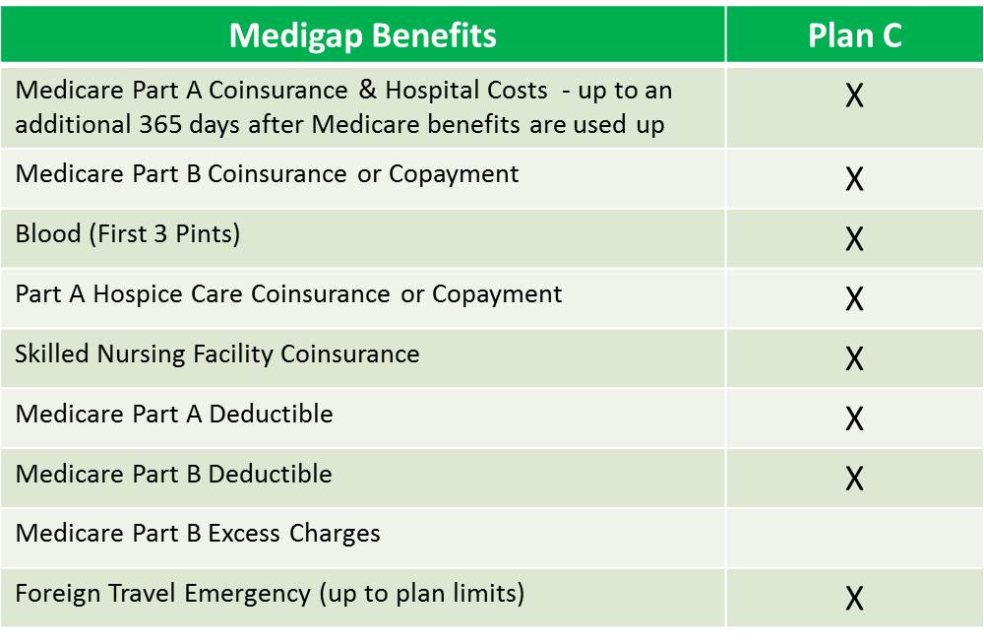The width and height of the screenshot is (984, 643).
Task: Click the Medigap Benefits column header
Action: click(x=363, y=35)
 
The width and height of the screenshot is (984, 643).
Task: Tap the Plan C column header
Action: click(x=855, y=35)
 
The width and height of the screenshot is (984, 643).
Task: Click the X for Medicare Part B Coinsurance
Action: click(x=854, y=179)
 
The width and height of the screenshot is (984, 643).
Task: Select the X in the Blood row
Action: click(x=854, y=238)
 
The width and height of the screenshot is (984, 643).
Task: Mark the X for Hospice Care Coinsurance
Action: click(x=854, y=298)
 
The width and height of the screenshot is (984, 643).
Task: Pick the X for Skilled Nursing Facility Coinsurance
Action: click(x=854, y=358)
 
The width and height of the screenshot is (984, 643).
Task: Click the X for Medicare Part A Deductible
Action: click(x=854, y=418)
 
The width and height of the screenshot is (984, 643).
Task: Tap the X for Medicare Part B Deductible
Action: click(x=854, y=479)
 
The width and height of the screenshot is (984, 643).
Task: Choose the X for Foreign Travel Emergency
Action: click(x=854, y=598)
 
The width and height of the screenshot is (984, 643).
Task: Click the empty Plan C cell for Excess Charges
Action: click(x=854, y=539)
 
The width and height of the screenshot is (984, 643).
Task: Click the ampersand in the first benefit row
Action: click(x=368, y=90)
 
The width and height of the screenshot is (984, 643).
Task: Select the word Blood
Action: click(x=48, y=233)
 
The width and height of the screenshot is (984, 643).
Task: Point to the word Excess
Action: click(x=244, y=533)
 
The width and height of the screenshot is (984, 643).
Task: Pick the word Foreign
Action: click(x=58, y=594)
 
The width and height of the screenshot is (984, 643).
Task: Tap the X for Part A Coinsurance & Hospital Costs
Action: click(x=854, y=96)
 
